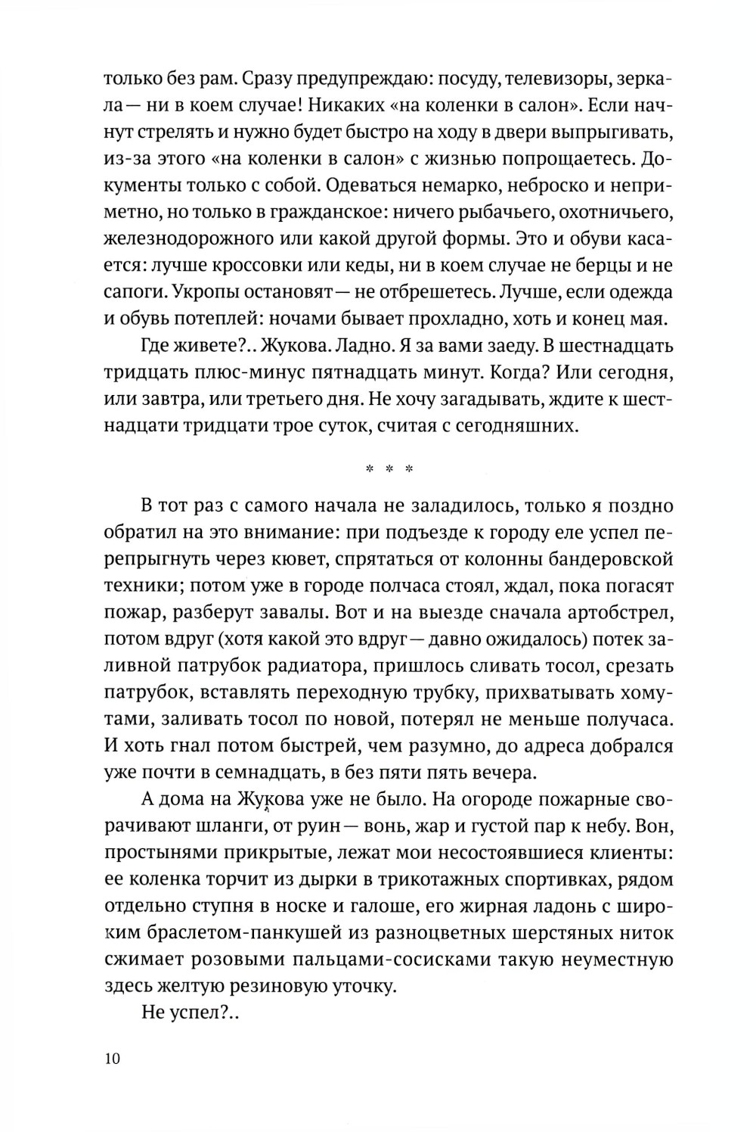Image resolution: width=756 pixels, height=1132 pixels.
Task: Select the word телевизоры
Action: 564,78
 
